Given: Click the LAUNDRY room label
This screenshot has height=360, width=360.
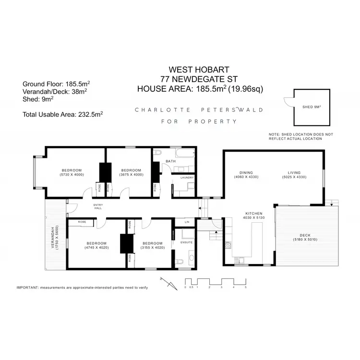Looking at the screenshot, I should pyautogui.click(x=187, y=178).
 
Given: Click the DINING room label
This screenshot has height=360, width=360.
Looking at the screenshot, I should pyautogui.click(x=246, y=172).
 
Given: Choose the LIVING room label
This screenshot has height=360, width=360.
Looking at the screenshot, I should pyautogui.click(x=294, y=172).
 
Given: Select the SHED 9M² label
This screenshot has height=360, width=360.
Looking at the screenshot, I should pyautogui.click(x=312, y=108).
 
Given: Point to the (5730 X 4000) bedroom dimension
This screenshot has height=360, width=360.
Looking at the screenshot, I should pyautogui.click(x=72, y=175).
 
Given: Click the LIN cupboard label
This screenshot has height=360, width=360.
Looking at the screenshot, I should pyautogui.click(x=187, y=222).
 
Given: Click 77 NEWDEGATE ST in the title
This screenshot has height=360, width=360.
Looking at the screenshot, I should pyautogui.click(x=200, y=79).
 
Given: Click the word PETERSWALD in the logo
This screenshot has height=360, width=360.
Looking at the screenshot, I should pyautogui.click(x=236, y=109).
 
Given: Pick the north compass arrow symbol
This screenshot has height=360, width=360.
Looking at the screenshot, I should pyautogui.click(x=168, y=283).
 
